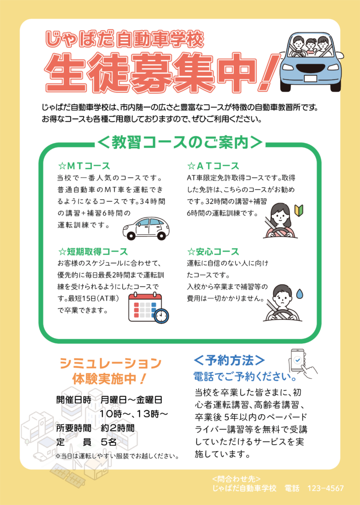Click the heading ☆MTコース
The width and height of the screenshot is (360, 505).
[x=84, y=166]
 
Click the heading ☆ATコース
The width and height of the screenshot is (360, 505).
[x=213, y=166]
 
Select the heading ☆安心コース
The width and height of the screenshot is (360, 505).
[x=213, y=251]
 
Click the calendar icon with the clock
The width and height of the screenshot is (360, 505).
[x=148, y=308]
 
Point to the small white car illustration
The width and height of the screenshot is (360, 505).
[x=146, y=228]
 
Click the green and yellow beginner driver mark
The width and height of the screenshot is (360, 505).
[x=299, y=211]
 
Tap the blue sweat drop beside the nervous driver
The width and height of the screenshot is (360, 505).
[x=300, y=293]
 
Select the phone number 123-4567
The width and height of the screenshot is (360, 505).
[x=325, y=488]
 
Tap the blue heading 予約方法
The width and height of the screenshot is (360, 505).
[x=229, y=361]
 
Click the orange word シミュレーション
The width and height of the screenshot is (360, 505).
[x=110, y=363]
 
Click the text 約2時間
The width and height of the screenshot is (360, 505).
[x=117, y=428]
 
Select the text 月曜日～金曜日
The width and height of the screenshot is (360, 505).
[x=131, y=399]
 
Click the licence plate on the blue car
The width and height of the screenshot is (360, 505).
[x=311, y=78]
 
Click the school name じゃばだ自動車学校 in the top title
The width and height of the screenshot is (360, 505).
[x=125, y=39]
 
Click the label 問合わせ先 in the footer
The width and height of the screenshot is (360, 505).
[x=237, y=479]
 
